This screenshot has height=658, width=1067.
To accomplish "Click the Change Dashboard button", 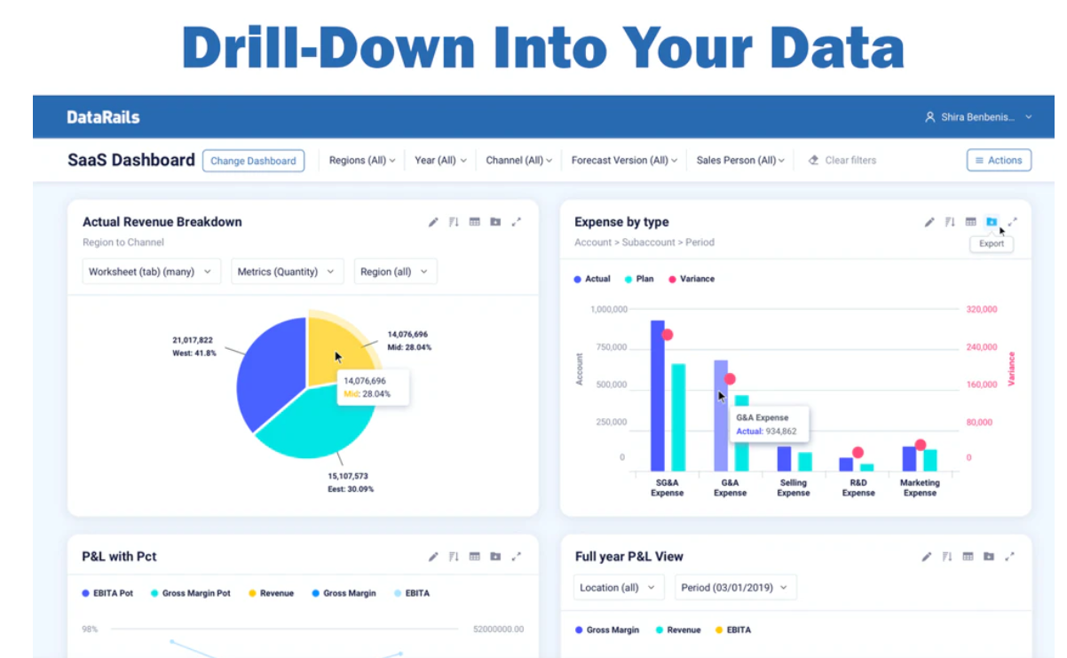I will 253,161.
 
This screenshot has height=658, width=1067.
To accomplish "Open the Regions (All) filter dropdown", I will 361,161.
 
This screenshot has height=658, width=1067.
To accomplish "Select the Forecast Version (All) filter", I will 624,161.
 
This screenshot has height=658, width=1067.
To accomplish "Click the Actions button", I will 999,161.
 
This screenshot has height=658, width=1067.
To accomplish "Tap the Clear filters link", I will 842,161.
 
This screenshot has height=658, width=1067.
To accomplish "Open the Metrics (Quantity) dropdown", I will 287,272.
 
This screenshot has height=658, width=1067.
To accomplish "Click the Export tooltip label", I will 992,243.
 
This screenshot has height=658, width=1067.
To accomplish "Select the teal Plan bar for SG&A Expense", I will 678,417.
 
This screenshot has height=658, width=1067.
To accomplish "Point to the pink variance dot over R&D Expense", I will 858,453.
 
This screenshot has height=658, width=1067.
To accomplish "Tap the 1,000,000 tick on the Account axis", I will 609,309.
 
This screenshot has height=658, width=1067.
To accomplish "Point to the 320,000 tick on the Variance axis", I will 981,309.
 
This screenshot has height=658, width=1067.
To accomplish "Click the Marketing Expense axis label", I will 920,488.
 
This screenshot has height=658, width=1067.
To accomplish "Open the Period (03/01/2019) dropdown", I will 735,588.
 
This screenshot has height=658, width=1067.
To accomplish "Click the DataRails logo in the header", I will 103,117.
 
